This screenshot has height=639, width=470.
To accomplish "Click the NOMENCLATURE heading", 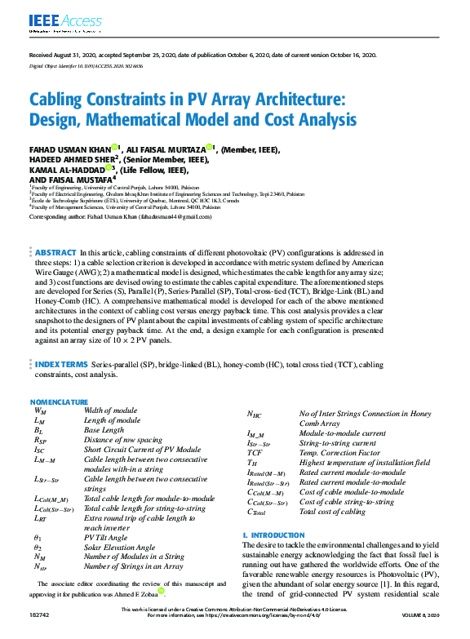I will [x=59, y=403].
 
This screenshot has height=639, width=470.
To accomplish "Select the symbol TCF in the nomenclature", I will [x=255, y=452].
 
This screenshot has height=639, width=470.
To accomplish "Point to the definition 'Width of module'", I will [x=111, y=411].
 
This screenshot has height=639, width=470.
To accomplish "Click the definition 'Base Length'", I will [x=104, y=429].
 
